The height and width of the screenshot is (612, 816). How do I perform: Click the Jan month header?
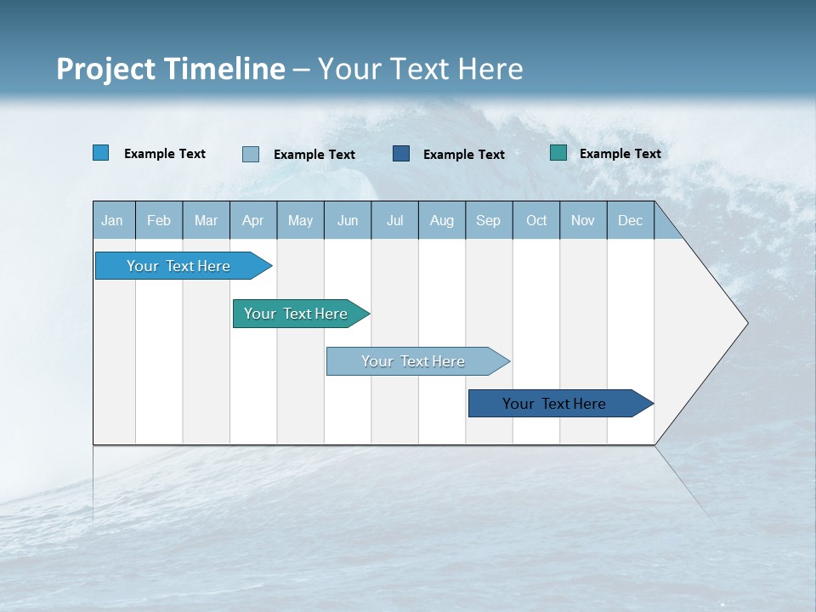[112, 220]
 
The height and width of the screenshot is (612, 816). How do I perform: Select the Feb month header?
[159, 220]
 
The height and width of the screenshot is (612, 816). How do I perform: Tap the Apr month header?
[252, 220]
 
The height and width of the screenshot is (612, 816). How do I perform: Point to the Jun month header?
[348, 220]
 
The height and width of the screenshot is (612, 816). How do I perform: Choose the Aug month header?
[441, 220]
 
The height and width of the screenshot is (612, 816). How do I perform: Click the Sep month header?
[488, 220]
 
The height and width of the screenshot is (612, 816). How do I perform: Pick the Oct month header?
[536, 220]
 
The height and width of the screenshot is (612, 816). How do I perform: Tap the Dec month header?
[630, 220]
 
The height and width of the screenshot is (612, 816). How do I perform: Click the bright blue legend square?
[101, 153]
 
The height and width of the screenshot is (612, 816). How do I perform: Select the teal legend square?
[558, 153]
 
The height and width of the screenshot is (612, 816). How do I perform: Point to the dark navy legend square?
[401, 154]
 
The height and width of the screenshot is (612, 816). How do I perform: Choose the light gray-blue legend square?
[251, 154]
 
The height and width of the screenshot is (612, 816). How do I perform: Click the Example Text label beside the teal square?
[620, 154]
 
